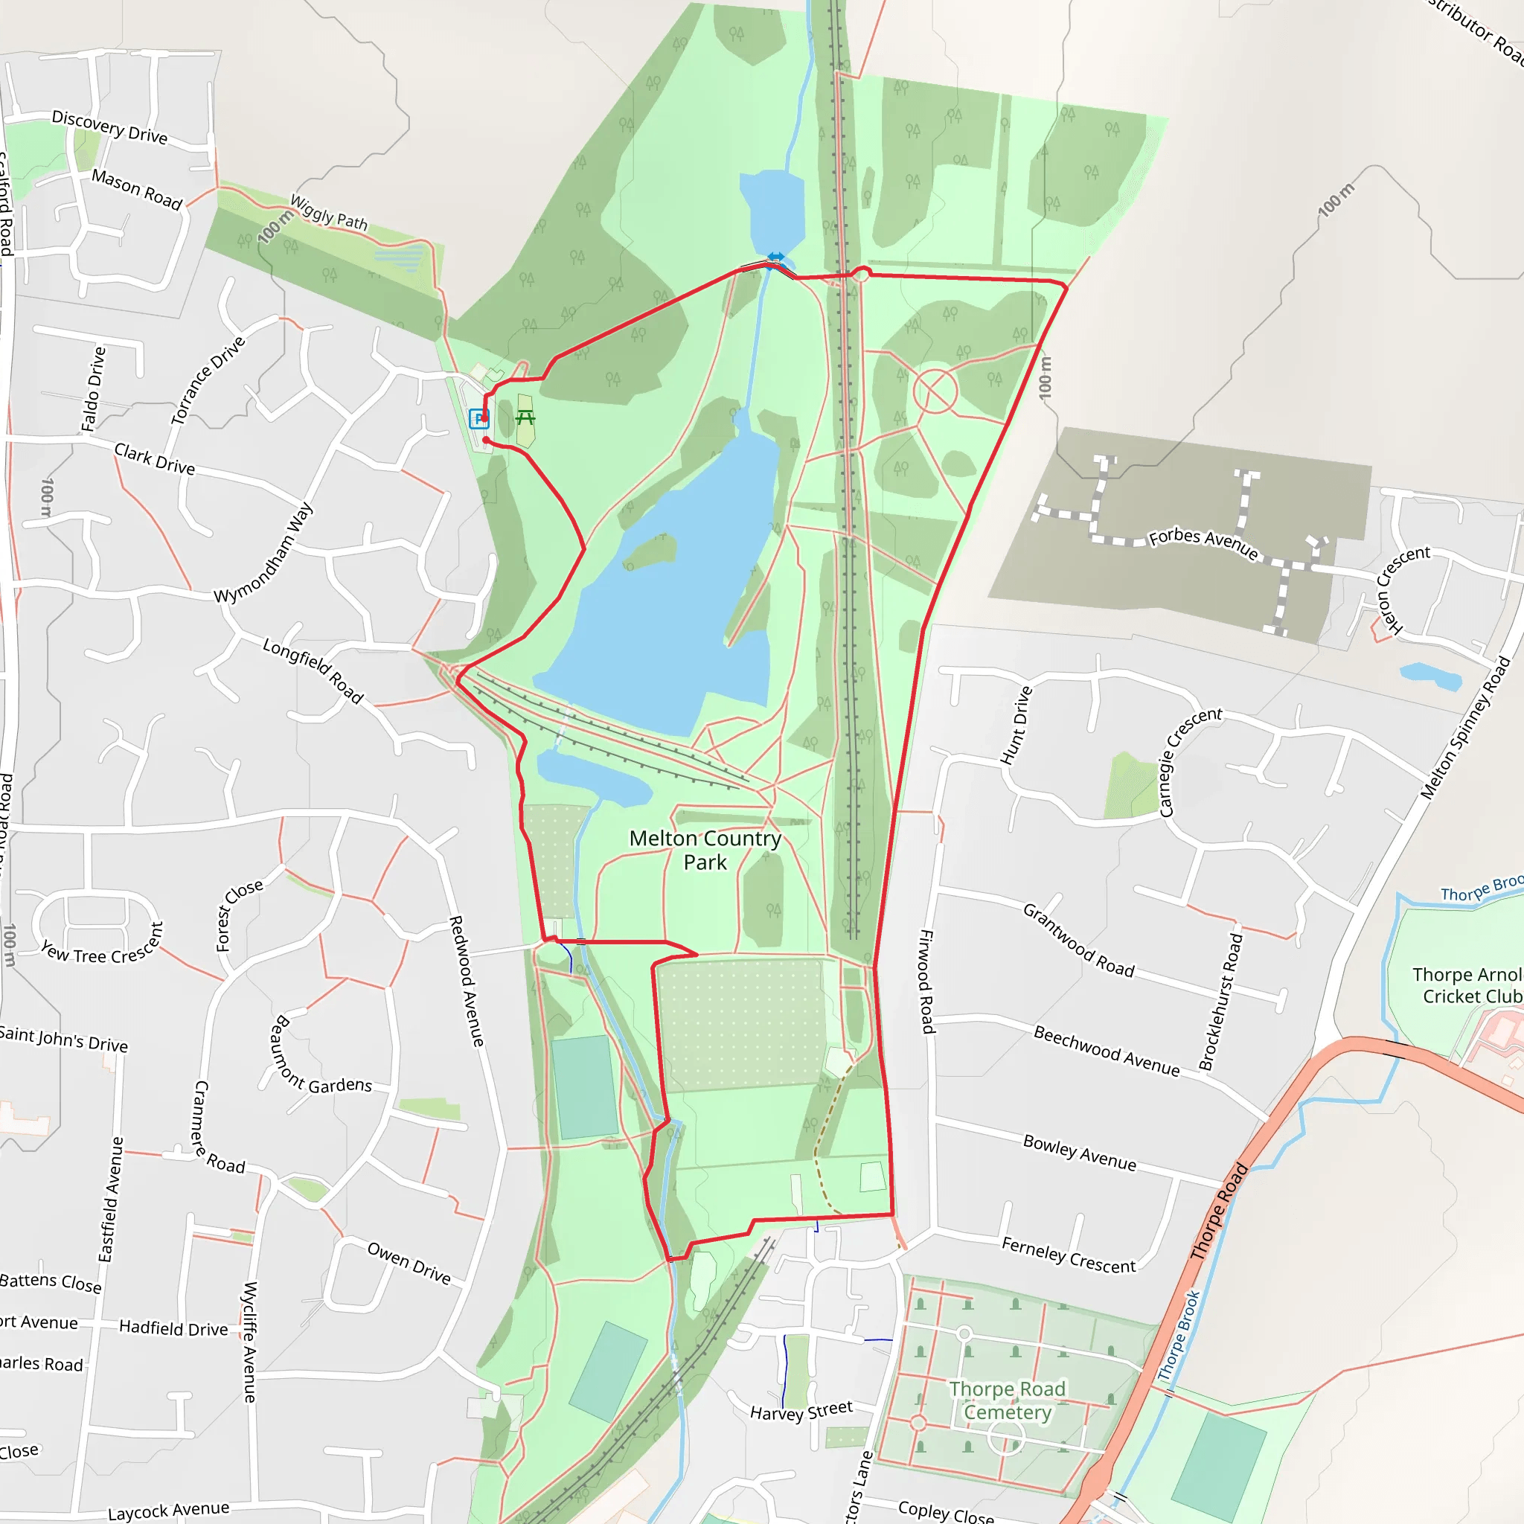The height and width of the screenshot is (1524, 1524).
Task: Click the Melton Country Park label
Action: [x=705, y=850]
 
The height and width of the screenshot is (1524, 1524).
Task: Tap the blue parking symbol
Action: [x=478, y=418]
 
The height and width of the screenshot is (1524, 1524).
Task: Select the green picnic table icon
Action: [x=525, y=417]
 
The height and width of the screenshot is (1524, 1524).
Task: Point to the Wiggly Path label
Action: [x=329, y=211]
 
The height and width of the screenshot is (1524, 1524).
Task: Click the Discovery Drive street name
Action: [x=109, y=127]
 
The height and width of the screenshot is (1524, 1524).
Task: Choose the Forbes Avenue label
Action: [x=1203, y=542]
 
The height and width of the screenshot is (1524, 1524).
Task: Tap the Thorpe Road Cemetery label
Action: [x=1008, y=1400]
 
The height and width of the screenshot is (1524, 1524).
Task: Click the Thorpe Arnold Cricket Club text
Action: [x=1467, y=985]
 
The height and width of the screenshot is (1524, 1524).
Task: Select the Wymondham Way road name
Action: [x=263, y=553]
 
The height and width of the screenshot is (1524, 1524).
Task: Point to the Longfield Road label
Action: [x=313, y=670]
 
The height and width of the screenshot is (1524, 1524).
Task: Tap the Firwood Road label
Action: [x=927, y=982]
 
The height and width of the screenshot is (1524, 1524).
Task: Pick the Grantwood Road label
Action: [x=1078, y=941]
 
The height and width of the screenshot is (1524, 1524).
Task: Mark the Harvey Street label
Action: [x=801, y=1411]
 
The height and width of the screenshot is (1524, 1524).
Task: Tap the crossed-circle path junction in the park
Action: [x=935, y=391]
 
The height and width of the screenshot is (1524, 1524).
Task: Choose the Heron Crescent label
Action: [x=1402, y=588]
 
